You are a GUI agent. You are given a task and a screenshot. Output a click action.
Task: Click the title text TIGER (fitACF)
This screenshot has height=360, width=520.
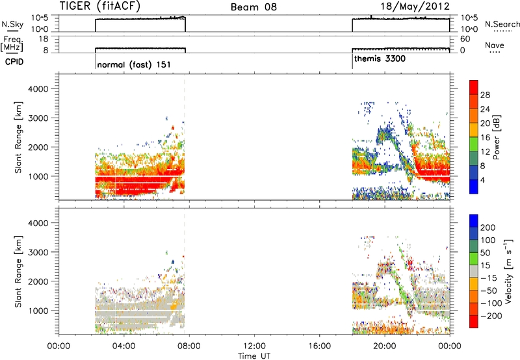[x=100, y=6]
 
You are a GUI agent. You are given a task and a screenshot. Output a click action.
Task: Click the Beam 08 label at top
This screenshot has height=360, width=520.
[x=253, y=7]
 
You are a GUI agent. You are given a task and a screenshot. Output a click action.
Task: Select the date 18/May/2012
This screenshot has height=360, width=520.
[x=415, y=6]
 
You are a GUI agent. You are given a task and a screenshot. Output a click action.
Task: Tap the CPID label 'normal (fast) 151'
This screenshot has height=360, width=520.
[x=134, y=64]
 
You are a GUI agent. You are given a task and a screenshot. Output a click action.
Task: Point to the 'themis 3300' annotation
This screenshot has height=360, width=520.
[x=380, y=59]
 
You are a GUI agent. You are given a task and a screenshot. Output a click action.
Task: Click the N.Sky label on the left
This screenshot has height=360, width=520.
[x=12, y=24]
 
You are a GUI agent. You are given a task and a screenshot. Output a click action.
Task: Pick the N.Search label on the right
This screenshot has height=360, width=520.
[x=502, y=24]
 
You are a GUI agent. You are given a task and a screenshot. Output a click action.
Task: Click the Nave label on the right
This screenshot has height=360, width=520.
[x=495, y=45]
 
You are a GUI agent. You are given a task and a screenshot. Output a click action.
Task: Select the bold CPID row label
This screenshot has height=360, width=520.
[x=14, y=62]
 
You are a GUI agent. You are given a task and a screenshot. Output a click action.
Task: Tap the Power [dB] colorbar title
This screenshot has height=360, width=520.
[x=497, y=137]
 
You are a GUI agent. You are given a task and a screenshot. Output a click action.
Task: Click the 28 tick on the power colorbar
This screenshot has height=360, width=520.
[x=485, y=95]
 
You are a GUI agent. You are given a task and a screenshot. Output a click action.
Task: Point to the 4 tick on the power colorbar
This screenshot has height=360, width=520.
[x=482, y=180]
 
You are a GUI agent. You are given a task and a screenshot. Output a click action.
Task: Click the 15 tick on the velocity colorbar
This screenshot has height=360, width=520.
[x=485, y=265]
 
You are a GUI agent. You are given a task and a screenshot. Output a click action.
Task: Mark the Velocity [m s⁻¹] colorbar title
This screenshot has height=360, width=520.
[x=508, y=271]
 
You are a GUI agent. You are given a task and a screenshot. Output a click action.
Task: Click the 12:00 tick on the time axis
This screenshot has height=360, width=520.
[x=254, y=346]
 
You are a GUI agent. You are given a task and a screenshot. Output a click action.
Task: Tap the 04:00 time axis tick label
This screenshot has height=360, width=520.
[x=124, y=346]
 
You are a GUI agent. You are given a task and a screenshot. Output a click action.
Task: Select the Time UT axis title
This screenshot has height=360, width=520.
[x=254, y=356]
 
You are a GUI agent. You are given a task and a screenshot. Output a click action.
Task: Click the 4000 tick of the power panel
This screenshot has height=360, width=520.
[x=38, y=89]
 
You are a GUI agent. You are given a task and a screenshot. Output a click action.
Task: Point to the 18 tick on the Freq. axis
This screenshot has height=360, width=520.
[x=43, y=39]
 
